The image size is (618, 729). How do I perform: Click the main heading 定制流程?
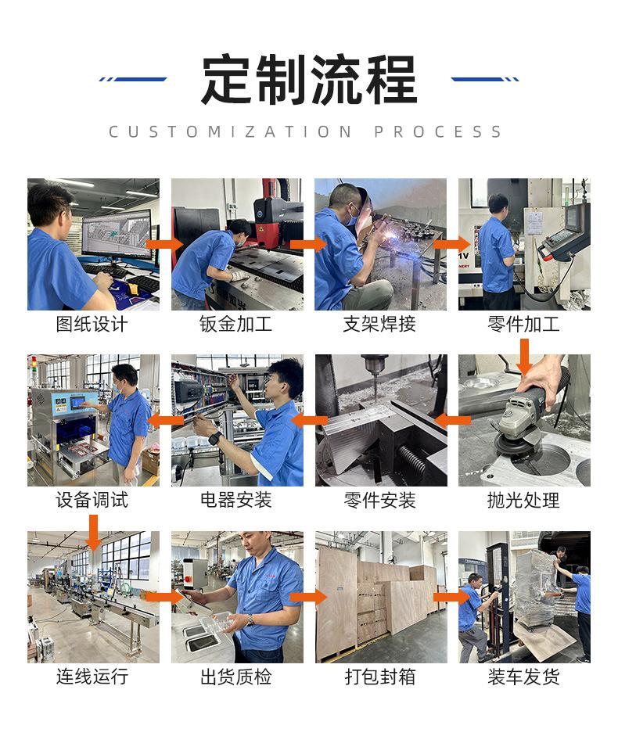[308, 81]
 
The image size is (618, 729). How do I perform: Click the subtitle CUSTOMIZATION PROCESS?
[306, 131]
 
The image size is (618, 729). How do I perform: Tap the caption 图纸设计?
[92, 324]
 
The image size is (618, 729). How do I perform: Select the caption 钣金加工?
[236, 324]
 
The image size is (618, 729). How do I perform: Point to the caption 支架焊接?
[380, 324]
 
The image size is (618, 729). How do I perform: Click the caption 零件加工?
[524, 324]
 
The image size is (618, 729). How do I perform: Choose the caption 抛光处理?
[524, 501]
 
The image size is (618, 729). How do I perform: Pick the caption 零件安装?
[380, 501]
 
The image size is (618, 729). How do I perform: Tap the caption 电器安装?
[236, 501]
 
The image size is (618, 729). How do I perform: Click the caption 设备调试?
[92, 501]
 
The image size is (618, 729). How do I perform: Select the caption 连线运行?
[92, 677]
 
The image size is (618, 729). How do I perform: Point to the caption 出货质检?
[236, 677]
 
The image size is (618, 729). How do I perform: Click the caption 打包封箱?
[380, 677]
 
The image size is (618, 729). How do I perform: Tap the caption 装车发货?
[524, 677]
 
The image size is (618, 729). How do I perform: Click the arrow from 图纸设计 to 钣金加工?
[164, 244]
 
